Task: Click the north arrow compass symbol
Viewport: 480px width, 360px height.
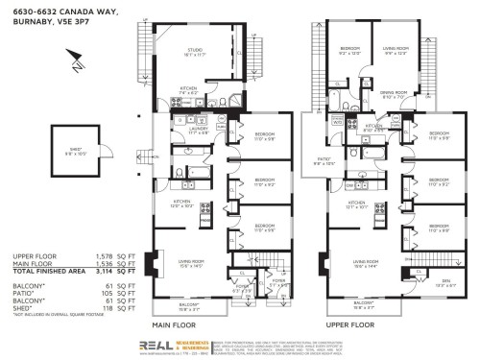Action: [78, 66]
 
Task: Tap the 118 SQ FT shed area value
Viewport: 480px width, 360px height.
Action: [125, 307]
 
